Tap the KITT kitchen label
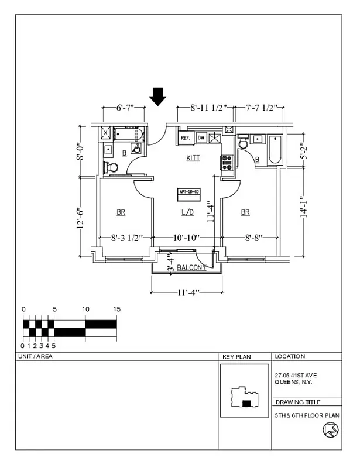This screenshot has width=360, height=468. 193,158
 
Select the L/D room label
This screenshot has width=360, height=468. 187,212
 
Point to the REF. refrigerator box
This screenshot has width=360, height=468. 186,138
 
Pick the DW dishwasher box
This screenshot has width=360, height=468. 201,138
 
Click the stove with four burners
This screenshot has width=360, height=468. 227,162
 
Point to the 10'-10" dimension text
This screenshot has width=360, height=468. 187,238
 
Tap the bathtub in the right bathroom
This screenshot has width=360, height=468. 275,150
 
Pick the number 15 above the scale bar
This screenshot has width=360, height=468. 116,309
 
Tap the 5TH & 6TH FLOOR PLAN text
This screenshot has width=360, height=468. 307,415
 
